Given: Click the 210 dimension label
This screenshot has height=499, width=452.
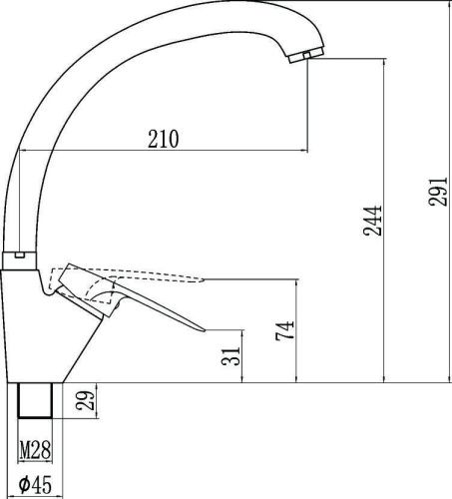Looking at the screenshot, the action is click(x=164, y=139).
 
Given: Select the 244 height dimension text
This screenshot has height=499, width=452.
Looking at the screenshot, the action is click(x=372, y=221).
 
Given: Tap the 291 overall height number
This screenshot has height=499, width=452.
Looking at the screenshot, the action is click(x=438, y=192).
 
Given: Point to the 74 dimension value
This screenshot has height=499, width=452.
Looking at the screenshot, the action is click(x=285, y=329).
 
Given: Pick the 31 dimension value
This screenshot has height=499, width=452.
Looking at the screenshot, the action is click(x=230, y=356).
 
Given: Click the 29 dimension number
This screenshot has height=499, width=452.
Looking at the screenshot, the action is click(x=86, y=400).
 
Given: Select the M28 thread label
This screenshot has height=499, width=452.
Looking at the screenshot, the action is click(x=35, y=449).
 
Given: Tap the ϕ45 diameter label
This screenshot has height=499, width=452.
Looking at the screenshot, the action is click(x=35, y=485).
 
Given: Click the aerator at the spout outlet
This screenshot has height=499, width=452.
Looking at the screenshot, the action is click(x=306, y=55).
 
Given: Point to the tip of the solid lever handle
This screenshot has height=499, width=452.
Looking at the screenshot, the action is click(x=206, y=330).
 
